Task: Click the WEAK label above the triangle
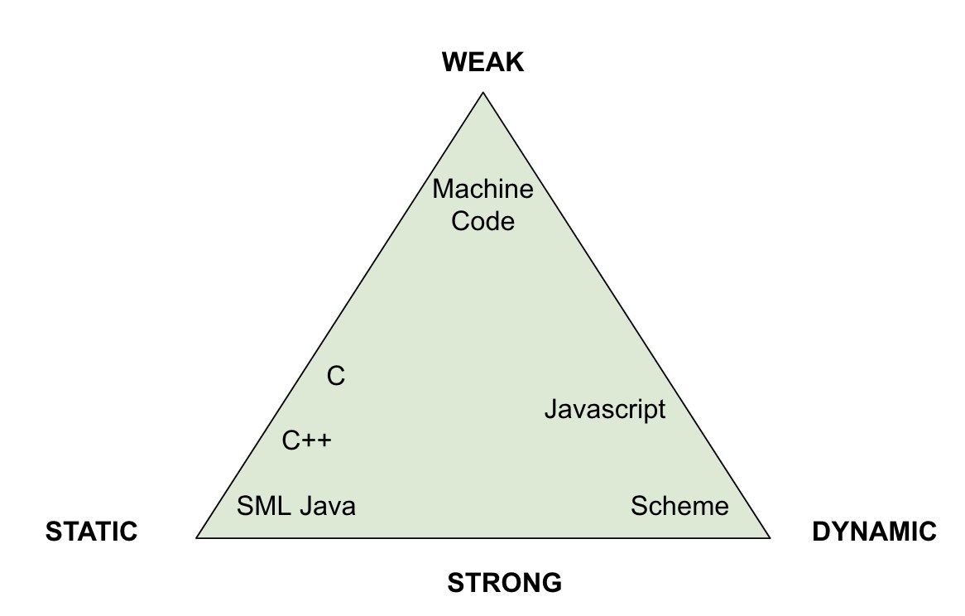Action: click(x=483, y=62)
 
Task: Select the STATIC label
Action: click(x=91, y=532)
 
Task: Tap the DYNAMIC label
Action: click(x=874, y=532)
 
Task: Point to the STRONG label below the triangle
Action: click(x=504, y=583)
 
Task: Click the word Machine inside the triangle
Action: click(x=483, y=190)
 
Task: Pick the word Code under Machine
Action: click(x=483, y=221)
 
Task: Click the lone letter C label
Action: click(x=335, y=378)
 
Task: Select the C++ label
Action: click(x=306, y=440)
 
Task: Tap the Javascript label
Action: click(x=605, y=409)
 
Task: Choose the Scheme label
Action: click(x=679, y=506)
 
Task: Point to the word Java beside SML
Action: click(x=328, y=506)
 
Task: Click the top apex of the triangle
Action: click(x=483, y=94)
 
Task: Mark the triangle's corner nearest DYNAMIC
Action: click(x=768, y=537)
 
